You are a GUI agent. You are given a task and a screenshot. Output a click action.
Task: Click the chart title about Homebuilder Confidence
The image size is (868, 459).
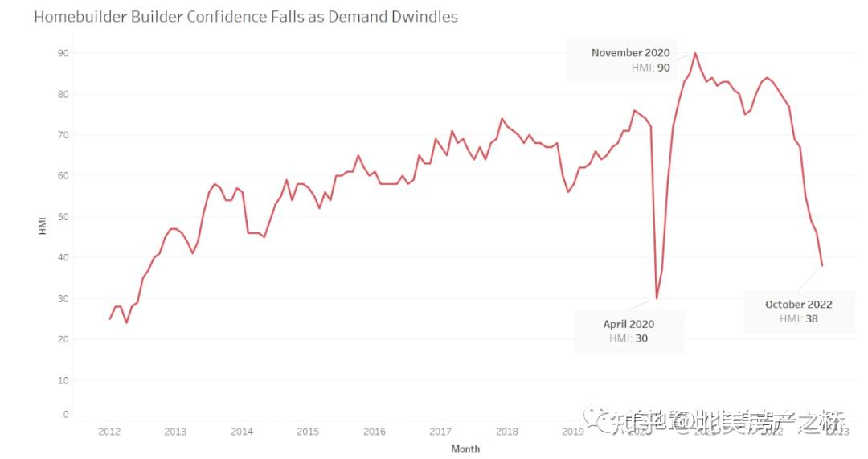pyautogui.click(x=245, y=16)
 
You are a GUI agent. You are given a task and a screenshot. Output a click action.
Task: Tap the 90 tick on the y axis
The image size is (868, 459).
pyautogui.click(x=63, y=53)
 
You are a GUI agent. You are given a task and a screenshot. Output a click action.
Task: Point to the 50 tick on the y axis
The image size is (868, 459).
pyautogui.click(x=63, y=217)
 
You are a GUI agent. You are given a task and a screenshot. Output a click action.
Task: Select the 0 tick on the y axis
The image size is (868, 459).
pyautogui.click(x=66, y=415)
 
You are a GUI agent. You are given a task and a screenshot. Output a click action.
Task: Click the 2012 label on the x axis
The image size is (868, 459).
pyautogui.click(x=109, y=432)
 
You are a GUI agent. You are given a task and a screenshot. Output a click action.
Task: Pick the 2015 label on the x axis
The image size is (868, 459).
pyautogui.click(x=308, y=432)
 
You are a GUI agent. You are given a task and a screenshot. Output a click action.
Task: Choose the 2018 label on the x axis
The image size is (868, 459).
pyautogui.click(x=506, y=432)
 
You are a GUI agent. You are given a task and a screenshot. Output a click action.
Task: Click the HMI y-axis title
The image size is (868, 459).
pyautogui.click(x=43, y=226)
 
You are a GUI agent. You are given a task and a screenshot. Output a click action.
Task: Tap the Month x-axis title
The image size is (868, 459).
pyautogui.click(x=465, y=449)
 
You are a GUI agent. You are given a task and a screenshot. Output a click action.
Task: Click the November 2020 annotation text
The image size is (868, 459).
pyautogui.click(x=630, y=53)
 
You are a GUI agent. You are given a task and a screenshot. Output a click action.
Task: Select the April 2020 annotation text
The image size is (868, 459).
pyautogui.click(x=628, y=324)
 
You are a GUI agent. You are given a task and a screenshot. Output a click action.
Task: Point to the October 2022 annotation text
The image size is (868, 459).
pyautogui.click(x=798, y=305)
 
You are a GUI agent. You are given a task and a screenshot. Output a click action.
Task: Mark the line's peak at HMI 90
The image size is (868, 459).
pyautogui.click(x=695, y=53)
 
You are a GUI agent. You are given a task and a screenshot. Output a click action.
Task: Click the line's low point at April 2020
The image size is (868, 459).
pyautogui.click(x=656, y=298)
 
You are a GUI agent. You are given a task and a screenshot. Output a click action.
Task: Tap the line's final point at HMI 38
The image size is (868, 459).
pyautogui.click(x=822, y=265)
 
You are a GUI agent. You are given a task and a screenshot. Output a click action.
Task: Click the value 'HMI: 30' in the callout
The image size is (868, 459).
pyautogui.click(x=628, y=338)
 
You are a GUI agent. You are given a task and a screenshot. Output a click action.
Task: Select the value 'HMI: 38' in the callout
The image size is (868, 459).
pyautogui.click(x=798, y=319)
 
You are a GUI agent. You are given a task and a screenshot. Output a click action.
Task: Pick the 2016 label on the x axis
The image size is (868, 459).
pyautogui.click(x=374, y=432)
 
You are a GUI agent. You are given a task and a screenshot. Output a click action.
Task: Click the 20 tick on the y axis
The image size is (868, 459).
pyautogui.click(x=63, y=339)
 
